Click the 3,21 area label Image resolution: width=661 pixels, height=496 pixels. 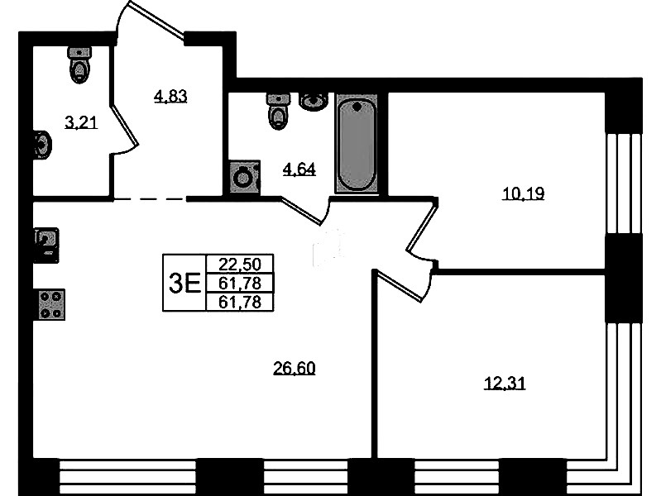(x=81, y=122)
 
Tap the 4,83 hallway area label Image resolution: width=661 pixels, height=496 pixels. (x=170, y=97)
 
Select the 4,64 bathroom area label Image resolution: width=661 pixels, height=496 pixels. (x=299, y=169)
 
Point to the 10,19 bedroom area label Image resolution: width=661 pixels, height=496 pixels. (x=523, y=193)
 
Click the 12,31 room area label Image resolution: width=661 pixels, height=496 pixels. (x=505, y=384)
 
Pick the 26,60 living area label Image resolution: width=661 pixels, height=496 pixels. (x=295, y=369)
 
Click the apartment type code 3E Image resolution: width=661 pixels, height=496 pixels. (x=184, y=283)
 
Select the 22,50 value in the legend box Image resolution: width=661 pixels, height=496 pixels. (x=240, y=265)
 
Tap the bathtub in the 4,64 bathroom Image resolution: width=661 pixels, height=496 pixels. (x=357, y=144)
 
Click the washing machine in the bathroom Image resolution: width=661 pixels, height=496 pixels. (x=245, y=177)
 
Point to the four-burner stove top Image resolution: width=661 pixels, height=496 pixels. (x=51, y=304)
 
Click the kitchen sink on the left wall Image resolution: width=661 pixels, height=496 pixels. (x=46, y=246)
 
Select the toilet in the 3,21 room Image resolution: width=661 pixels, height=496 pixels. (x=79, y=64)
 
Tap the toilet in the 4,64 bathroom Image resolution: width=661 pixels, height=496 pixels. (x=278, y=111)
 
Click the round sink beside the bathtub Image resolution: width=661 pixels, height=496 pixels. (x=314, y=102)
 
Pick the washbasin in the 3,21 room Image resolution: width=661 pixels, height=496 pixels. (x=42, y=145)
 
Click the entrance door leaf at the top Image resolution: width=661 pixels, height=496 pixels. (x=156, y=21)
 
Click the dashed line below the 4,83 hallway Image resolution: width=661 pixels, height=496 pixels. (x=149, y=198)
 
